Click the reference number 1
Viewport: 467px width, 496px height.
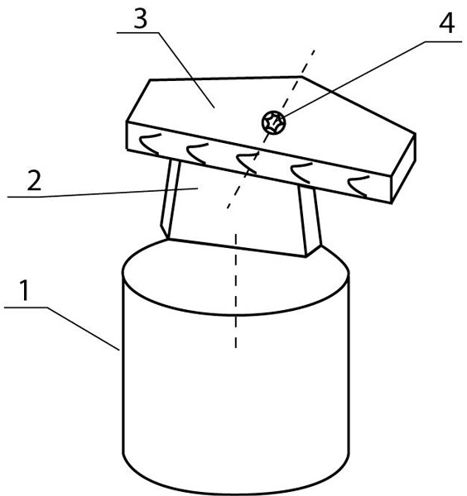click(x=24, y=290)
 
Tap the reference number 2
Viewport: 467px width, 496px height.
click(x=34, y=180)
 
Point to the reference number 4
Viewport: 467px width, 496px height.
click(x=447, y=23)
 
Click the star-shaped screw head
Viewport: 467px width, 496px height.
click(x=273, y=122)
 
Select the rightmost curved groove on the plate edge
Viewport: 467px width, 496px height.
click(x=359, y=187)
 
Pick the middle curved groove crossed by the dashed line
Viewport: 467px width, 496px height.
click(x=248, y=163)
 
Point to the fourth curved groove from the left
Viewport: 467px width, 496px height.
click(x=302, y=173)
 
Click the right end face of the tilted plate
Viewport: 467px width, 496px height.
click(x=403, y=169)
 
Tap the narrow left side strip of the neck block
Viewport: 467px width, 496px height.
click(x=170, y=199)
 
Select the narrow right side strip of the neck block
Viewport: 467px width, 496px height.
click(x=310, y=221)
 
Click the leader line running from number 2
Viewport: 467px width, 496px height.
click(x=103, y=193)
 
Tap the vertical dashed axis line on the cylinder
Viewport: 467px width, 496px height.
click(x=236, y=291)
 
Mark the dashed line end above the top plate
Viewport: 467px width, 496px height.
click(x=314, y=50)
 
